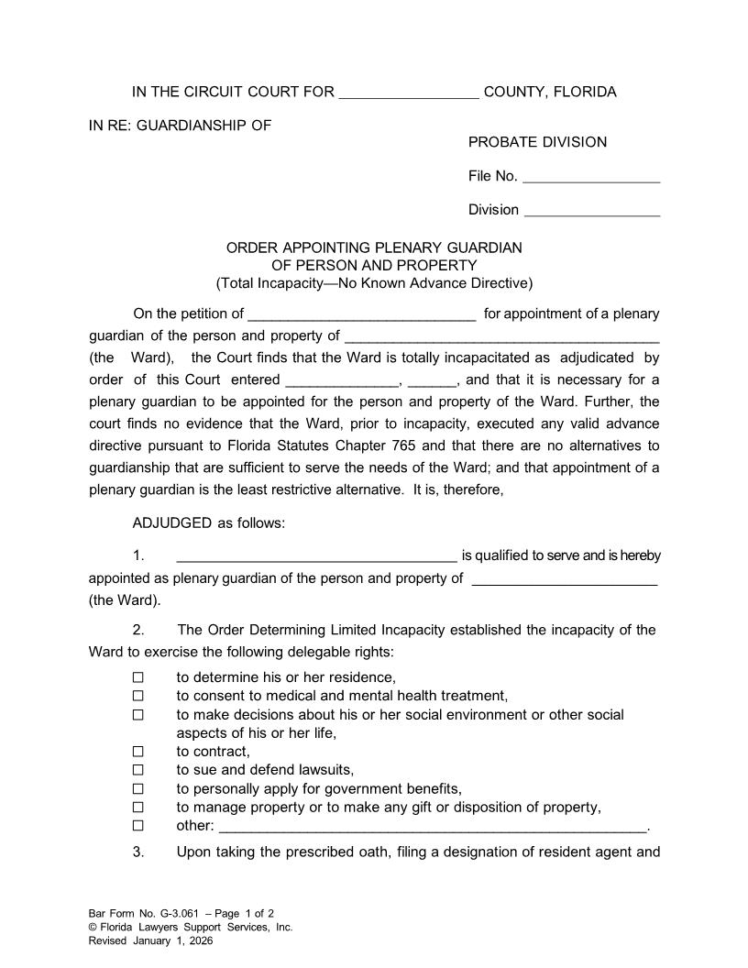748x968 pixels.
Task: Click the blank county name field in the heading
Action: (408, 93)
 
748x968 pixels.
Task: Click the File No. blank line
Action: (590, 178)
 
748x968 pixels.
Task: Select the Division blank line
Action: (590, 212)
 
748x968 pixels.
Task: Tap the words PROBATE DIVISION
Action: (537, 142)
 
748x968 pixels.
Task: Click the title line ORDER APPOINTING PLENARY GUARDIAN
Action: (374, 247)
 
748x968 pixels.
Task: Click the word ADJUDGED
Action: (171, 522)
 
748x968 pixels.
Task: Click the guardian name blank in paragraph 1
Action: (315, 557)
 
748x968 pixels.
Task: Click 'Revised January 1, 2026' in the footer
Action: (150, 940)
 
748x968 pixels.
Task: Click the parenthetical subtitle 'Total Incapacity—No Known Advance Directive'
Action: (374, 282)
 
